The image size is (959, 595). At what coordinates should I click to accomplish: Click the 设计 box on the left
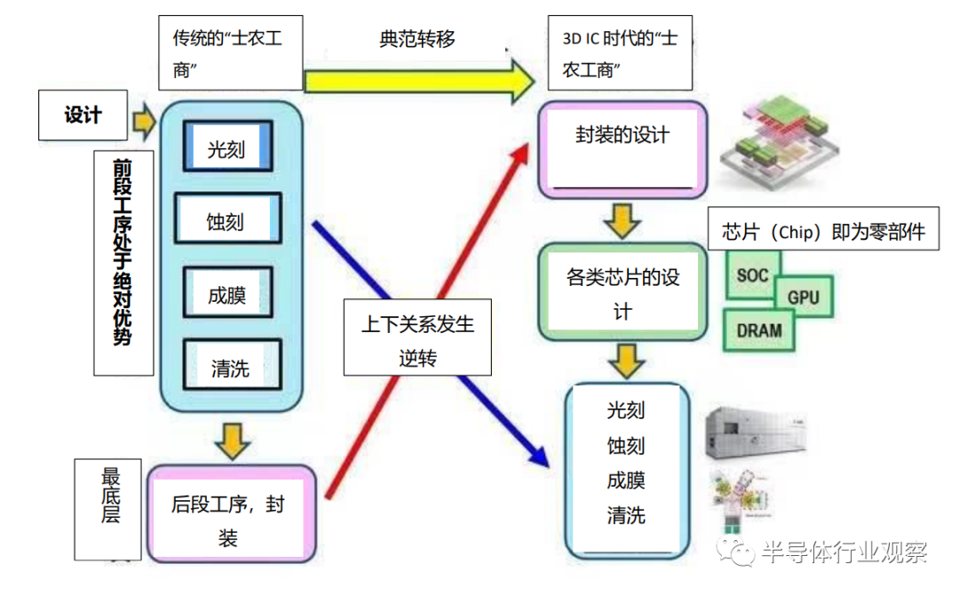tap(83, 115)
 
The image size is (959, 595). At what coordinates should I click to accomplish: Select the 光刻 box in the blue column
tap(226, 147)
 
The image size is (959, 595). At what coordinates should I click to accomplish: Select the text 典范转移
tap(417, 39)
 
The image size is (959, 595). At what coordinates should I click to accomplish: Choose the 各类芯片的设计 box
tap(622, 293)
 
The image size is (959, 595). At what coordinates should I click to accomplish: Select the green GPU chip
tap(803, 296)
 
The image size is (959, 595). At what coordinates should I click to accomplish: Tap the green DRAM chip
tap(759, 329)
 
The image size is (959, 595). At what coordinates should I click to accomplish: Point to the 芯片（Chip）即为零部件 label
tap(823, 232)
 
